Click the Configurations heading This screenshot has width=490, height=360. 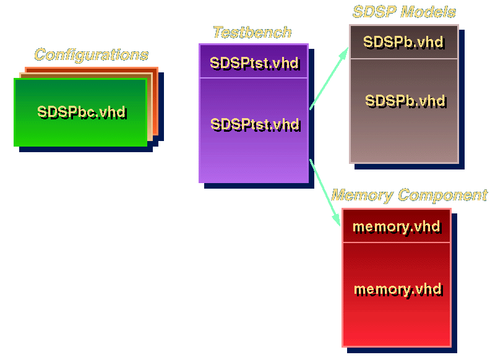coord(91,54)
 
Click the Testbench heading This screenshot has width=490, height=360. coord(252,32)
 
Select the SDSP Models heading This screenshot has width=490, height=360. coord(404,12)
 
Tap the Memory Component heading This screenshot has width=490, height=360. coord(409,195)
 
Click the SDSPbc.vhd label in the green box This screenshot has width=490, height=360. coord(81,112)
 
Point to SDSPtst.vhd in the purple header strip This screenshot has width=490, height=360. coord(254,62)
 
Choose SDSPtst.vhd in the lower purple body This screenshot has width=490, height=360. coord(254,124)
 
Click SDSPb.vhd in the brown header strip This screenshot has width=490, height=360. coord(403,42)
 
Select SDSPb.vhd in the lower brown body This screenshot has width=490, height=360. coord(405,100)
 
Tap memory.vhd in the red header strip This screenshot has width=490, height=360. coord(396,226)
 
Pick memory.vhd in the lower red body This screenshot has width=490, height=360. coord(397,289)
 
